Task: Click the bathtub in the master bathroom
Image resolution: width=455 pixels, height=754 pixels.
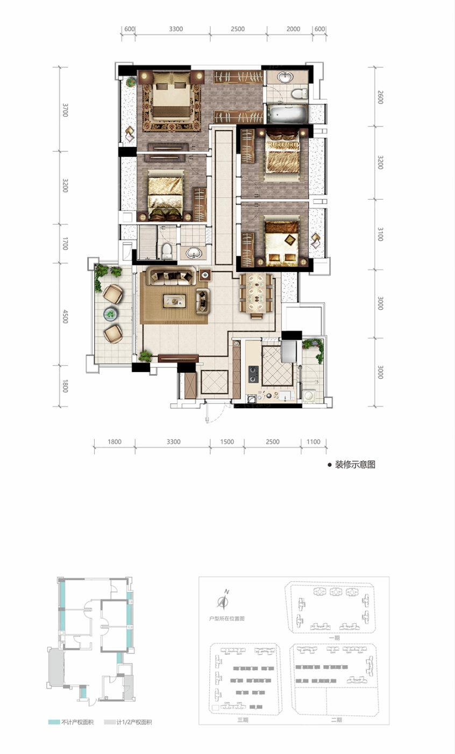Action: click(x=287, y=114)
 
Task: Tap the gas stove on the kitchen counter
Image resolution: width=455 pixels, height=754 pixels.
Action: click(x=253, y=374)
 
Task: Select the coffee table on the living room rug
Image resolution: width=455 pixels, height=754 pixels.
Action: click(x=174, y=301)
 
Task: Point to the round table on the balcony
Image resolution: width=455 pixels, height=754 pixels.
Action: click(x=111, y=314)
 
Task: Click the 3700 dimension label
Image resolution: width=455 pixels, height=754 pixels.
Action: click(x=66, y=110)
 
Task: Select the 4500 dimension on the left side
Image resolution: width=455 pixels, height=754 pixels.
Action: click(x=66, y=317)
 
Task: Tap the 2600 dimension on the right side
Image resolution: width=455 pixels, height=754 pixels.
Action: click(x=380, y=97)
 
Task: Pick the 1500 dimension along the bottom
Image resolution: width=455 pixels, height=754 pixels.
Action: click(x=227, y=442)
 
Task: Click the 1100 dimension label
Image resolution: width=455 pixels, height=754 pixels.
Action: click(x=313, y=442)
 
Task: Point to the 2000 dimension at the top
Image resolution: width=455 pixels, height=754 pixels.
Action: click(x=293, y=29)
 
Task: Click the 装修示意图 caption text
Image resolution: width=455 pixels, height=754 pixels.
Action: click(x=355, y=464)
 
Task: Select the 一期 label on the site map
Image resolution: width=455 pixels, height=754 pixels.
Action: click(x=335, y=638)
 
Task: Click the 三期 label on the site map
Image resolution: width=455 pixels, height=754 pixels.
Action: click(x=243, y=720)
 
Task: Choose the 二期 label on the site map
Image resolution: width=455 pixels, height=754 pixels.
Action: click(x=336, y=720)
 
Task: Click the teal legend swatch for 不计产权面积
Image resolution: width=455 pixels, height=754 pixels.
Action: click(x=54, y=722)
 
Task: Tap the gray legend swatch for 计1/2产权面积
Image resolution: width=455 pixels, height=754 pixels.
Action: click(x=110, y=722)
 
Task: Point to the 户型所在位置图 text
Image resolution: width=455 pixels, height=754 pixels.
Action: click(x=227, y=618)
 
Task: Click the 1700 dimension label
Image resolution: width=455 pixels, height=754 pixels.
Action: click(x=66, y=243)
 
